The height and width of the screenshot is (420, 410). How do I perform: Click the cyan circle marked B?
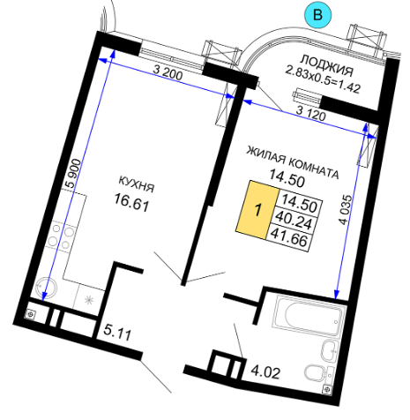(x=317, y=15)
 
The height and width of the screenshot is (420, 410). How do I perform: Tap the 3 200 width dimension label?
(x=168, y=73)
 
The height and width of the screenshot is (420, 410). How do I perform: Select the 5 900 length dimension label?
(x=73, y=174)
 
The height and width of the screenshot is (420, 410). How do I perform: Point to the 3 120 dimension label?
(x=311, y=113)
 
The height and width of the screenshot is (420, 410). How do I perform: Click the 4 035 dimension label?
(x=346, y=210)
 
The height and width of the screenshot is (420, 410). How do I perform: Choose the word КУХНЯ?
(x=137, y=184)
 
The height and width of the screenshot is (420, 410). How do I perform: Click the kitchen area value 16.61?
(x=131, y=203)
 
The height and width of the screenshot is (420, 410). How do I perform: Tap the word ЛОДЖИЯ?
(x=326, y=65)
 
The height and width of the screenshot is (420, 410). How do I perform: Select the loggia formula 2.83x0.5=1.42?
(x=323, y=79)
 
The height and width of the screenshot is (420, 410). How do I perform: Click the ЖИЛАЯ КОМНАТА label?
(x=293, y=162)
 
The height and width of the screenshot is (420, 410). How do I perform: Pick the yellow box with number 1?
(x=257, y=209)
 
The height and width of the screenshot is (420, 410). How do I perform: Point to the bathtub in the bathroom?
(x=309, y=317)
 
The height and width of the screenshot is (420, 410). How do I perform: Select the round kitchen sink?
(x=46, y=287)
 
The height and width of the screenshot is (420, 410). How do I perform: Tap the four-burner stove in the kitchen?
(x=61, y=236)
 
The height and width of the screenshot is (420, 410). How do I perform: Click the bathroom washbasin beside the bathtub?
(x=331, y=352)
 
